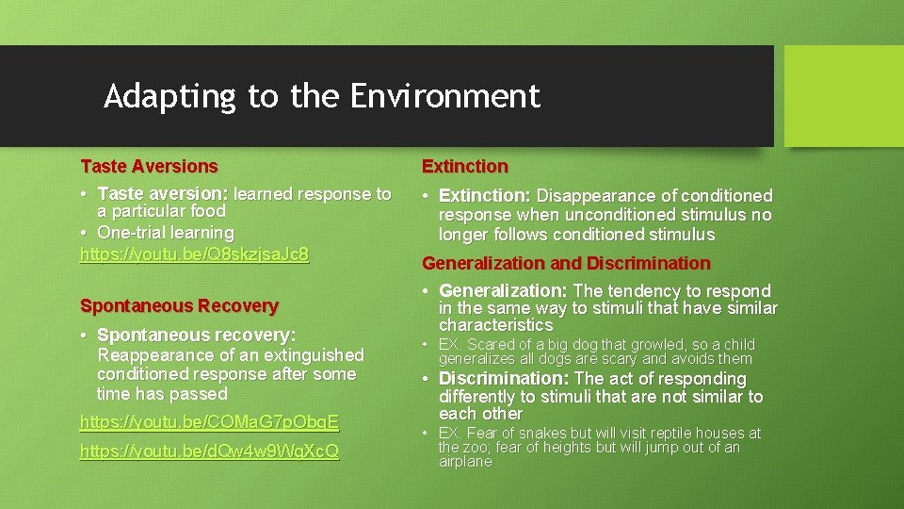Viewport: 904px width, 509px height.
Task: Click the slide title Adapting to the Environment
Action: click(322, 96)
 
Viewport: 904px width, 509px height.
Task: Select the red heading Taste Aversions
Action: click(149, 167)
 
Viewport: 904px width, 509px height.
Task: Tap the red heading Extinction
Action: click(464, 167)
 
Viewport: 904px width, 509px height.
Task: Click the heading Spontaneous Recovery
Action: click(179, 306)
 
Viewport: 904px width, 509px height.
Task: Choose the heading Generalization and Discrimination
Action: click(566, 264)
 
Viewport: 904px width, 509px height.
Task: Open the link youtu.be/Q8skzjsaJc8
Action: click(194, 254)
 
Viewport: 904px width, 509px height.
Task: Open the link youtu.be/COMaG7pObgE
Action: click(209, 422)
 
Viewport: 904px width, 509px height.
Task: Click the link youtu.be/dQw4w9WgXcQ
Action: click(209, 452)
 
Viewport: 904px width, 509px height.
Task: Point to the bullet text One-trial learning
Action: click(166, 233)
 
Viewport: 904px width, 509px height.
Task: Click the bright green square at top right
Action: click(844, 95)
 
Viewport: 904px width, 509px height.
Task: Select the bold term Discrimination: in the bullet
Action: click(504, 379)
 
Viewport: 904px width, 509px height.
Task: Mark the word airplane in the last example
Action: click(465, 462)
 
